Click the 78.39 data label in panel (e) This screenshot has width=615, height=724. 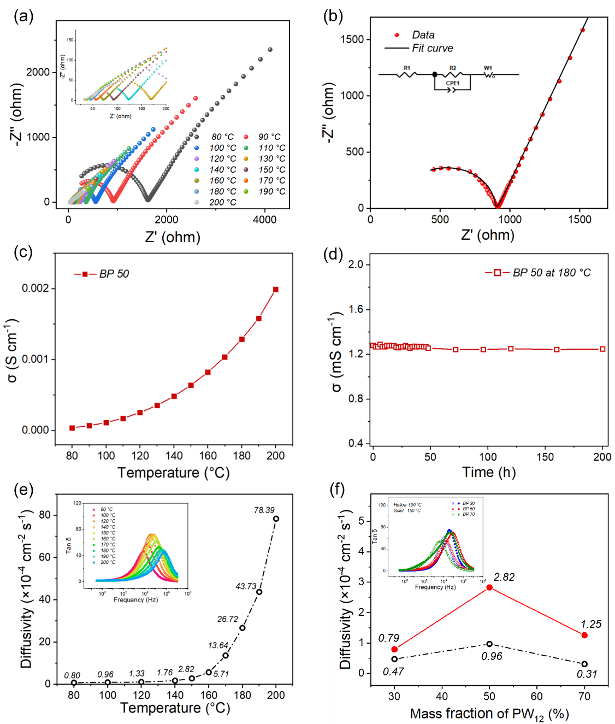click(x=264, y=510)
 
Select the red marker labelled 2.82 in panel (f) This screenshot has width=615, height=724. click(x=489, y=587)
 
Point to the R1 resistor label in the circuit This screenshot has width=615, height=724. click(x=407, y=68)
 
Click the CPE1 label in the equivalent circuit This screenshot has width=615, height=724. click(x=453, y=84)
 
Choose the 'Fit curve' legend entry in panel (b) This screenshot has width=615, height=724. click(x=433, y=48)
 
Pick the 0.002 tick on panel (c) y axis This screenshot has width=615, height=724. click(x=36, y=289)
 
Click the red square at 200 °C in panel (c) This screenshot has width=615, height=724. click(x=275, y=290)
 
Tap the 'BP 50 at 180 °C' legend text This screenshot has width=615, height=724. click(x=552, y=273)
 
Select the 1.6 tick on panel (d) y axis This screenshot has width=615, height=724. click(x=356, y=310)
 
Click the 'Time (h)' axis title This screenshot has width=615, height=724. click(x=489, y=472)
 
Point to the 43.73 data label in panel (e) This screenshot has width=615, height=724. click(x=246, y=586)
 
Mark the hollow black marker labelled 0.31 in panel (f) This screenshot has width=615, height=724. click(x=584, y=664)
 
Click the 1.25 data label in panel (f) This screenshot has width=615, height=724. click(x=591, y=624)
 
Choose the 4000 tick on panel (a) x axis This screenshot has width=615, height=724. click(x=265, y=220)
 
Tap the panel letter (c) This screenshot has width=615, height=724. click(x=23, y=252)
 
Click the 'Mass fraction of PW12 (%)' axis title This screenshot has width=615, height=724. click(x=489, y=714)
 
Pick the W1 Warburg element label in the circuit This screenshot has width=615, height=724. click(x=488, y=68)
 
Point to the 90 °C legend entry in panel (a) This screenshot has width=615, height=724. click(x=269, y=137)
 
